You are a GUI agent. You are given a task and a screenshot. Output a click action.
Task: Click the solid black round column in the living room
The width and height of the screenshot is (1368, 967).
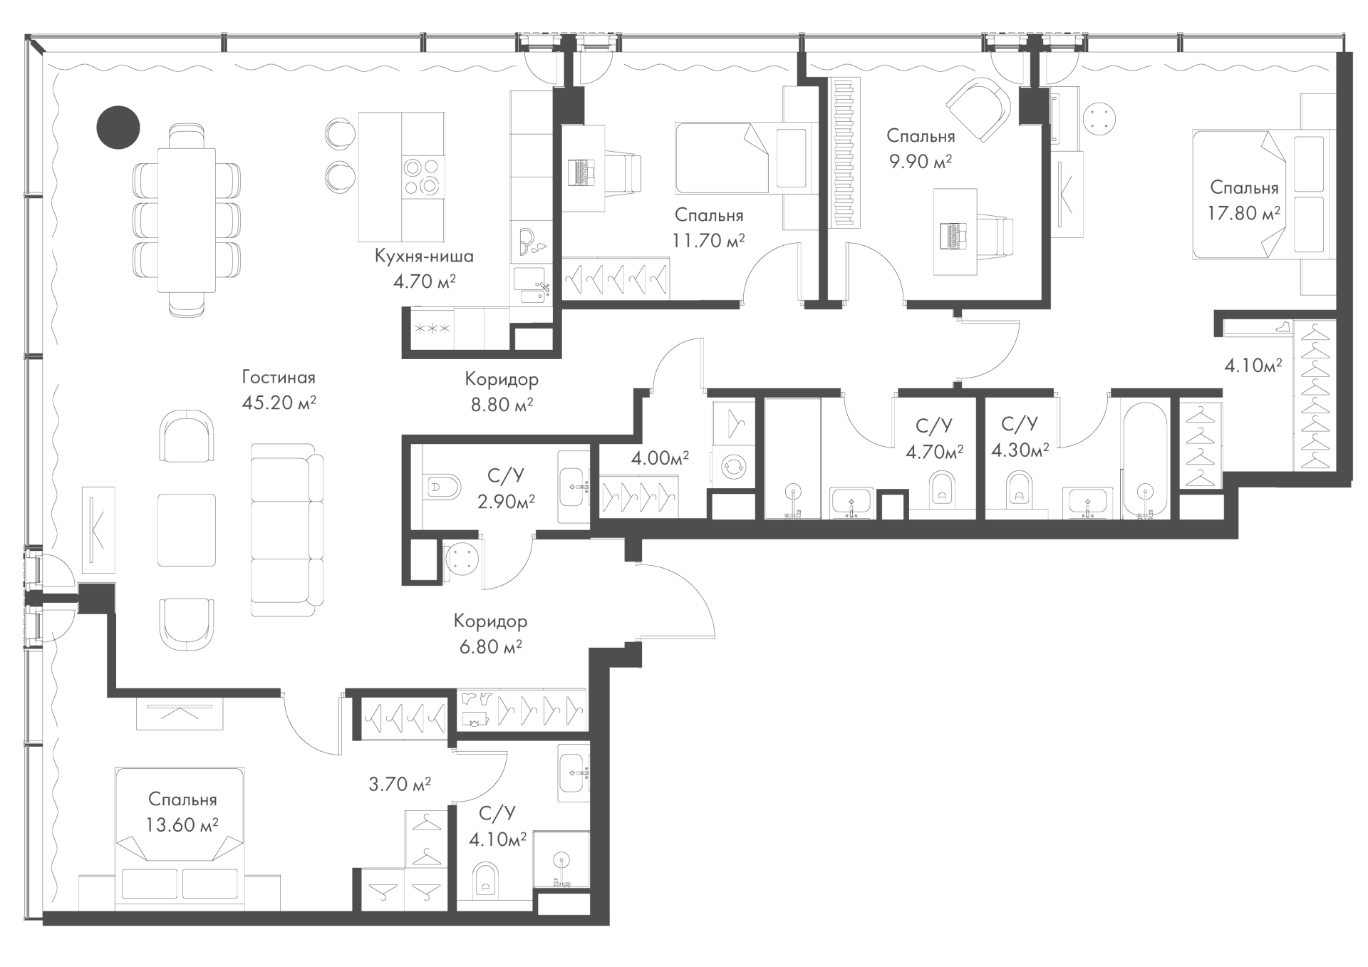(x=118, y=127)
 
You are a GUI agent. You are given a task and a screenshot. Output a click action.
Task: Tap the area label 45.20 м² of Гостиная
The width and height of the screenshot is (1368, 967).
(x=279, y=403)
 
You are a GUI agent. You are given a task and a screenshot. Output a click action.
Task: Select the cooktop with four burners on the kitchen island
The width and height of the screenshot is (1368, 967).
(x=422, y=177)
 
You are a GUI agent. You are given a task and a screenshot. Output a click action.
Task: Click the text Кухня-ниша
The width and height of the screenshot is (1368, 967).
(x=424, y=256)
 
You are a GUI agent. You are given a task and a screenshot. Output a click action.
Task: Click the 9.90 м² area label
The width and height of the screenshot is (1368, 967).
(x=921, y=162)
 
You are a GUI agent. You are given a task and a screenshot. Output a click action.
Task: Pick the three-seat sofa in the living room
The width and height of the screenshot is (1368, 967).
(x=287, y=530)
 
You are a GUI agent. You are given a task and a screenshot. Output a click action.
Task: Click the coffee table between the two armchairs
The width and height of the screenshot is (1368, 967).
(x=186, y=530)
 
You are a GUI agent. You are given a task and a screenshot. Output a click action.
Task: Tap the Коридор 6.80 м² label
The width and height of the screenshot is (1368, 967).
(x=491, y=634)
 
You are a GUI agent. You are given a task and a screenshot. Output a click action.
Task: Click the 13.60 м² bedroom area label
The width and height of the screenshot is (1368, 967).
(x=182, y=825)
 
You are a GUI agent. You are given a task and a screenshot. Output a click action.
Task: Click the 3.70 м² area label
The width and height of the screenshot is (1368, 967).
(x=400, y=785)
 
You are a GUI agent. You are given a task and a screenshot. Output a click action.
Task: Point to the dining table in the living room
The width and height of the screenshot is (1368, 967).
(x=186, y=219)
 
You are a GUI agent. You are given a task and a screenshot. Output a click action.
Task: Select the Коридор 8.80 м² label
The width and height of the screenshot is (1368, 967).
(x=502, y=392)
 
